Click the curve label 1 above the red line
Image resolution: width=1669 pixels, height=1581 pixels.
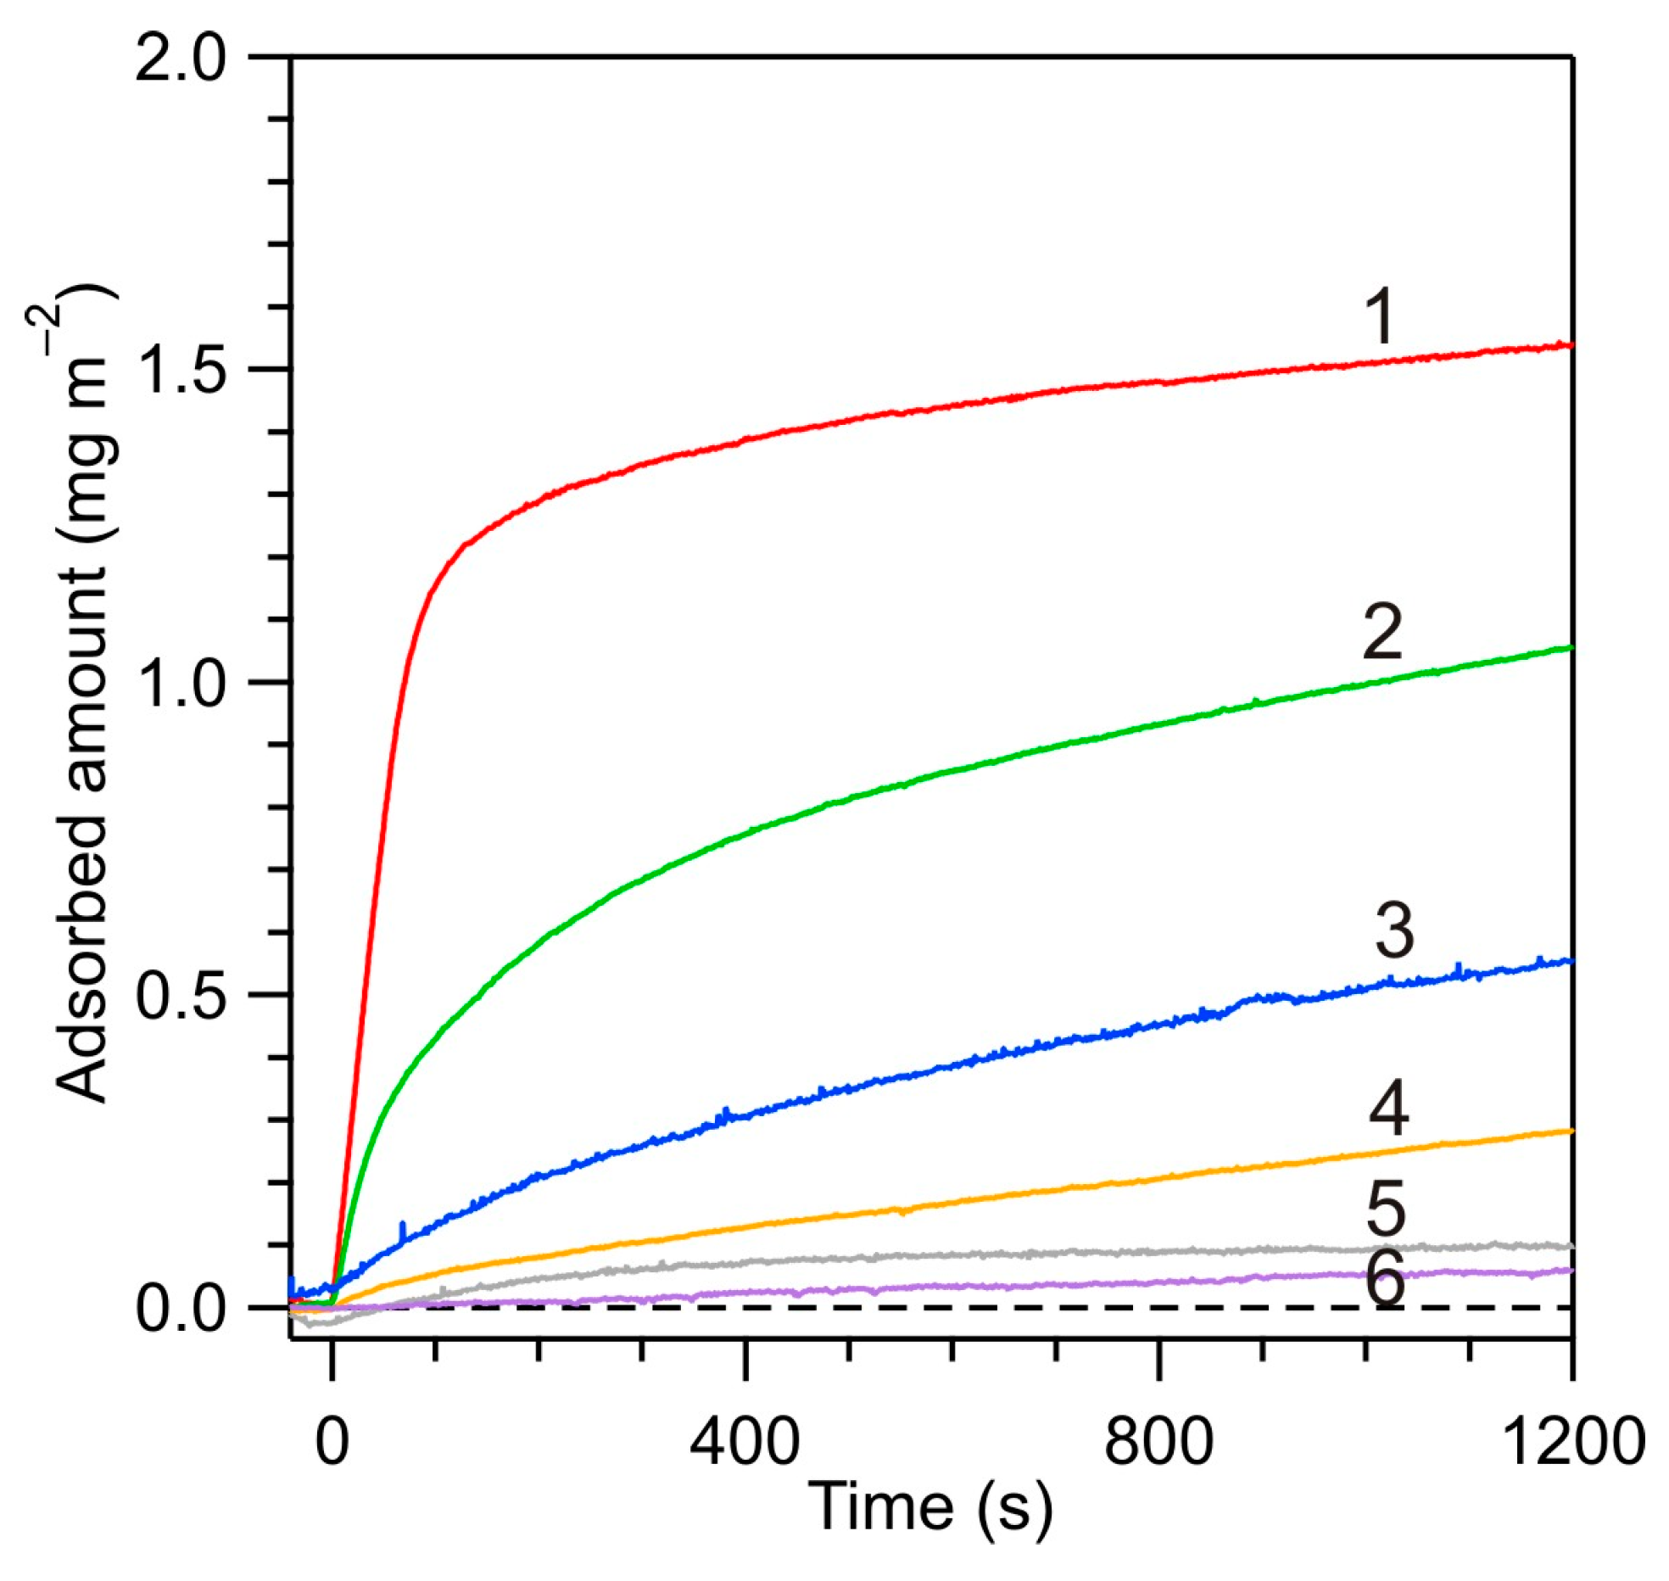tap(1381, 316)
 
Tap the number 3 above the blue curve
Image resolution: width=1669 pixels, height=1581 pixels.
tap(1394, 931)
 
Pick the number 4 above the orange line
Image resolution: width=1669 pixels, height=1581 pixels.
tap(1389, 1109)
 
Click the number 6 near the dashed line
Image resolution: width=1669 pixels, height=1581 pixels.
tap(1386, 1281)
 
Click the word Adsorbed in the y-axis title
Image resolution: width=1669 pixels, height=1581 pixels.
tap(83, 959)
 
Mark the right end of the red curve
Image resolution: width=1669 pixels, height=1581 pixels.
tap(1570, 345)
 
